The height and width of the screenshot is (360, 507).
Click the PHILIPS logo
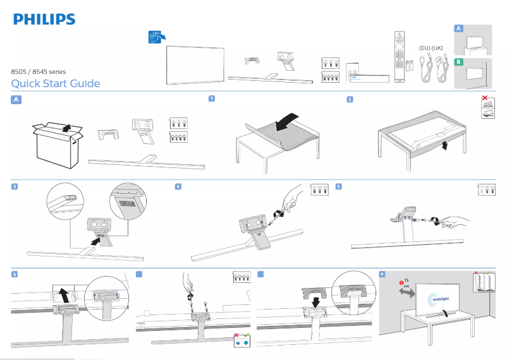point(44,20)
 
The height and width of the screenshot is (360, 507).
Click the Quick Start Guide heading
point(56,84)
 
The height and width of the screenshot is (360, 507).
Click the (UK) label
point(438,48)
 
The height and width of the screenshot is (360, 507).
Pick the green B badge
point(460,63)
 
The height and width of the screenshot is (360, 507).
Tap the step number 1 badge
point(212,99)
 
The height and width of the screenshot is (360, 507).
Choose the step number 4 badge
point(178,187)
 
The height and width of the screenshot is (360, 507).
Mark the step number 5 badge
point(339,187)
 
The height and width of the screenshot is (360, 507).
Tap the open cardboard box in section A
point(58,145)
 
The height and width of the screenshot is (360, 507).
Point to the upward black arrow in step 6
point(63,293)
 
